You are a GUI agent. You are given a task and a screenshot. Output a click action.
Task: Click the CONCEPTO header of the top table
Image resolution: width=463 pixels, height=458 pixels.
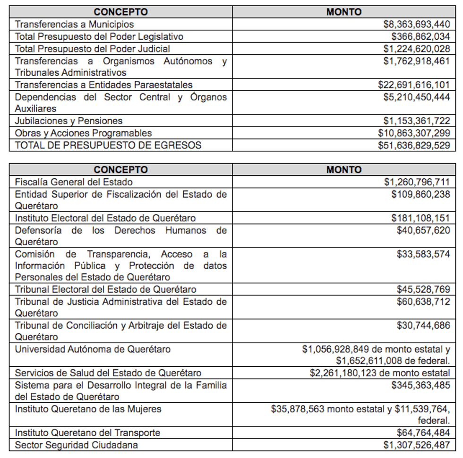[120, 12]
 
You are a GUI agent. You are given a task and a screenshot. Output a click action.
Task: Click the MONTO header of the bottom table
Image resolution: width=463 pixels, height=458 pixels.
[344, 170]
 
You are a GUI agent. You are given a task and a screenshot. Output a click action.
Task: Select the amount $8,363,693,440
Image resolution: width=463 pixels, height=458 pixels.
[417, 24]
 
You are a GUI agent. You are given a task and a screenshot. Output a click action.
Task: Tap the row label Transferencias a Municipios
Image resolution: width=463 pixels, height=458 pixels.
[75, 24]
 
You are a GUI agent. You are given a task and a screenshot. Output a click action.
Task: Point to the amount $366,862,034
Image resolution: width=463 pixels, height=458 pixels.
[420, 36]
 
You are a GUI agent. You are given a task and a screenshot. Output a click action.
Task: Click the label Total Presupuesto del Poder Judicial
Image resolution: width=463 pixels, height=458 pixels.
[93, 49]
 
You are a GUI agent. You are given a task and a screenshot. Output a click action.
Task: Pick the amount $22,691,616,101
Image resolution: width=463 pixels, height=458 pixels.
[414, 85]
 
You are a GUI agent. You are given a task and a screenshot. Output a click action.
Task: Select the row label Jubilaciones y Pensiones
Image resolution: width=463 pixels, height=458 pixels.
[69, 121]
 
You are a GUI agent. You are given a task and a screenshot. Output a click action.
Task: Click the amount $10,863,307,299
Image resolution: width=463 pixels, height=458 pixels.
[414, 133]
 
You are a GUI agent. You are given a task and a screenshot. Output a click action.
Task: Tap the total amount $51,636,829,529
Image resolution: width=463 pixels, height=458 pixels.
[414, 145]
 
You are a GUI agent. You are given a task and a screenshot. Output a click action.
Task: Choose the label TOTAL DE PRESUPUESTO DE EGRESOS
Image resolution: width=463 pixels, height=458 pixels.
[108, 145]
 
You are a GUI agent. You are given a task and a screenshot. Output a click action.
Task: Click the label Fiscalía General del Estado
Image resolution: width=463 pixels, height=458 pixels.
[74, 182]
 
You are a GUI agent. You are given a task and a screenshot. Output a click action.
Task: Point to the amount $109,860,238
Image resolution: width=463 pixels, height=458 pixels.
[420, 194]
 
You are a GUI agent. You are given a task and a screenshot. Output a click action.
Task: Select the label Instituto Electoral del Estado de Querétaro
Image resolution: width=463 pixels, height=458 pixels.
[105, 218]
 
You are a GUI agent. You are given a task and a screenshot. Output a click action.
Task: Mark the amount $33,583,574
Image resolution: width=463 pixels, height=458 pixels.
[423, 254]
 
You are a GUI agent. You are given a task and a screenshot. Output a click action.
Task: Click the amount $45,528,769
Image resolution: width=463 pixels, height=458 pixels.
[423, 289]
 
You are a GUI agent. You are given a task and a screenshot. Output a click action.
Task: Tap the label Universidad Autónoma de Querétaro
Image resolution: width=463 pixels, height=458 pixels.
[93, 349]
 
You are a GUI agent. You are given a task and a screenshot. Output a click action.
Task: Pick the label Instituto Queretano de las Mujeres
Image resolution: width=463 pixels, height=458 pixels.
[88, 409]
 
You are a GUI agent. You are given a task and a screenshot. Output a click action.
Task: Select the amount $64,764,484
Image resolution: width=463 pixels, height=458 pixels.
[423, 432]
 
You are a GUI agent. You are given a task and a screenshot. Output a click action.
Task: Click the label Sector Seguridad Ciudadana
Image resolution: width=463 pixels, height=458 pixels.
[77, 445]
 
